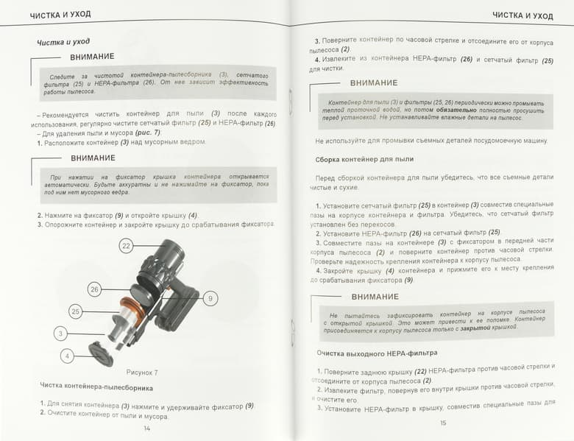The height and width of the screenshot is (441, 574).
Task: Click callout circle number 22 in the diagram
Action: [x=127, y=246]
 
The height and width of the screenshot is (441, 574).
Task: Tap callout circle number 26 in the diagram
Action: [x=94, y=289]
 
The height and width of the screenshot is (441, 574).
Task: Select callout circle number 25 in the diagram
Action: [x=75, y=311]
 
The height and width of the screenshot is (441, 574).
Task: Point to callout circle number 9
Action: [x=210, y=298]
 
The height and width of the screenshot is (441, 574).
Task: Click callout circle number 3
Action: [x=60, y=334]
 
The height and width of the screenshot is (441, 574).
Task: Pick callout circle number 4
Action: [x=67, y=356]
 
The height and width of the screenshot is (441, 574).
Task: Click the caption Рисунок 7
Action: [x=142, y=373]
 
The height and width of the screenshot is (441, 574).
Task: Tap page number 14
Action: [x=146, y=428]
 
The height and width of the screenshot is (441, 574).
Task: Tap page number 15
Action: [x=443, y=423]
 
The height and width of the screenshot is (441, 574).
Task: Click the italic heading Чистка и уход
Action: [x=63, y=42]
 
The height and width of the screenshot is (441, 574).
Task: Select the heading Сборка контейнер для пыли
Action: [x=364, y=159]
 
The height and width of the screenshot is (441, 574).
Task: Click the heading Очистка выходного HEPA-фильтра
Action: [x=377, y=353]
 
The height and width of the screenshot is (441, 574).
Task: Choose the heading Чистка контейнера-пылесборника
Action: [x=96, y=387]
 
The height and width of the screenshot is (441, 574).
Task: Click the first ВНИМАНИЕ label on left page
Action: [x=92, y=57]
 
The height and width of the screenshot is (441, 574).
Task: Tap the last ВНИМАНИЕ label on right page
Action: [x=375, y=297]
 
